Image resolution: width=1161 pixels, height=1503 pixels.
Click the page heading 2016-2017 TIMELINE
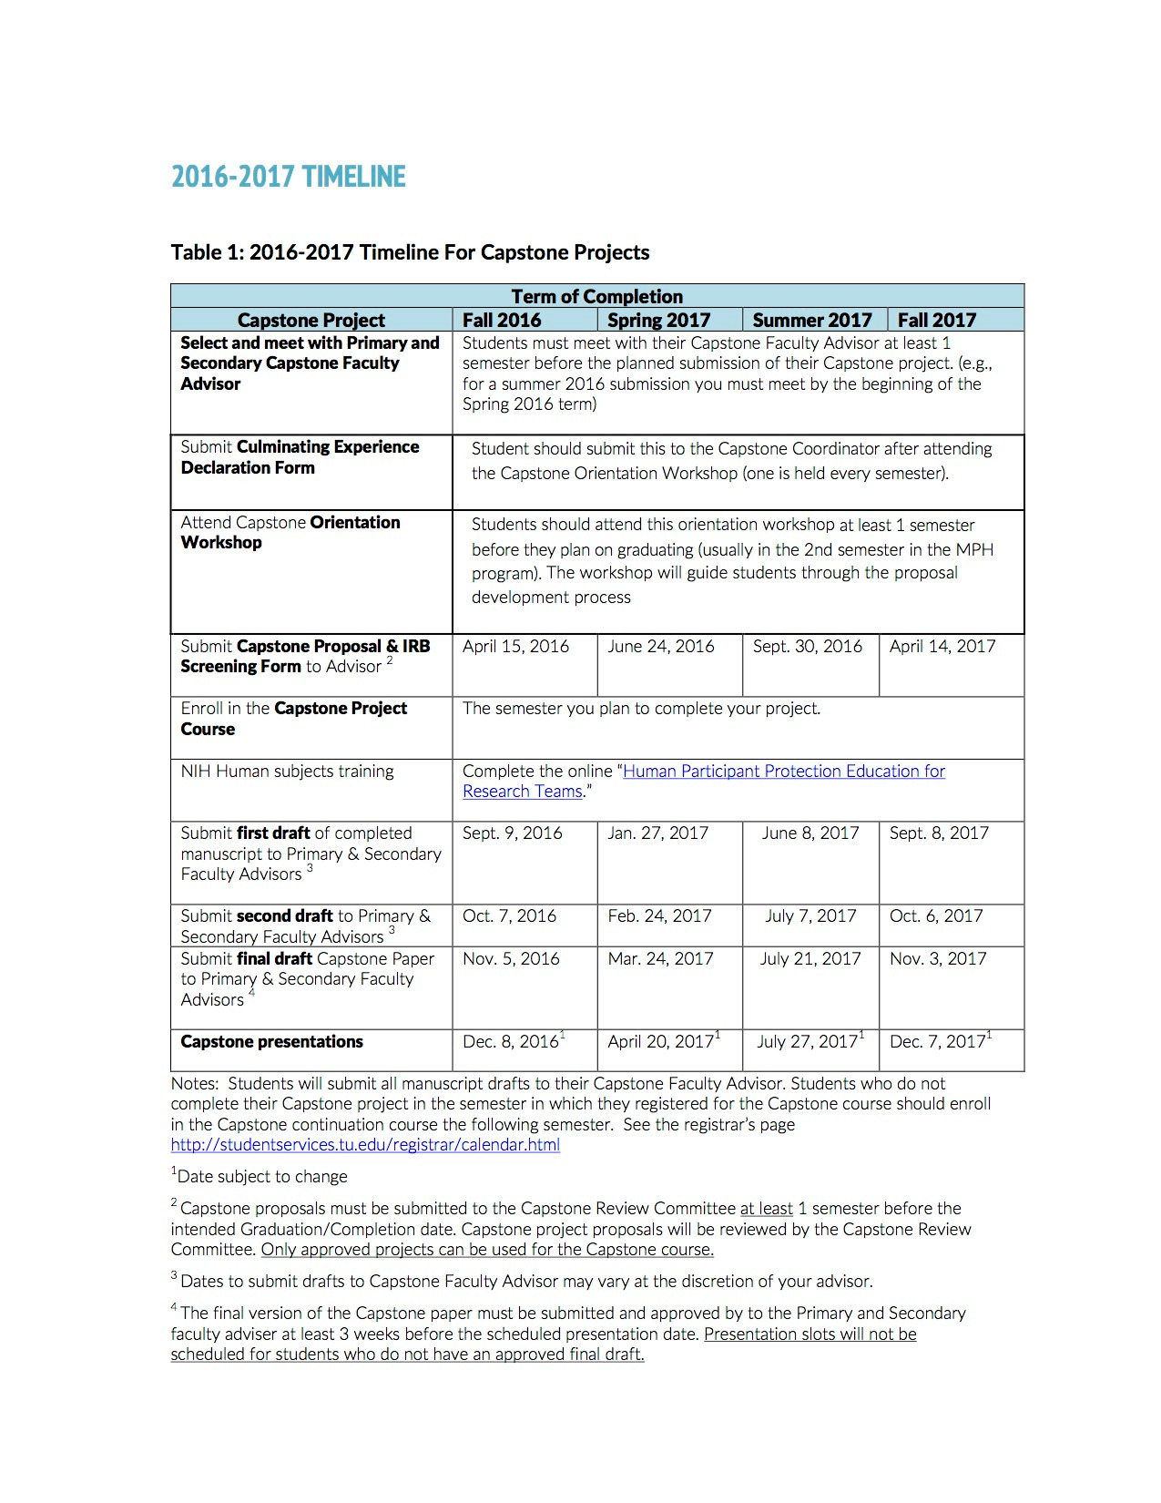click(x=288, y=177)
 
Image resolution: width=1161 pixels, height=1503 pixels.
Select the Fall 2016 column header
click(x=501, y=321)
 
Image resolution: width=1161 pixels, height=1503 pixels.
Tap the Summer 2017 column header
click(x=811, y=321)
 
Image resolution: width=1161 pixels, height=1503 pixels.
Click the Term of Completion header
click(x=596, y=296)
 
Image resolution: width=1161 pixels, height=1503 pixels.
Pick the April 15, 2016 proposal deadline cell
click(x=515, y=647)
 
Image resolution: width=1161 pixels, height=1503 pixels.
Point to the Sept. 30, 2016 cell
click(x=807, y=647)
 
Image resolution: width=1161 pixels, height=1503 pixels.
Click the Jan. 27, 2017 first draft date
click(x=657, y=833)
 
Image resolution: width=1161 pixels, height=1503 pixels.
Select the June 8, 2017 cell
click(x=810, y=833)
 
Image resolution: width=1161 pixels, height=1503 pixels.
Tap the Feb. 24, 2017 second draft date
click(x=659, y=916)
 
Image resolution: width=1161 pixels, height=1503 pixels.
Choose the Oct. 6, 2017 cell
click(x=936, y=916)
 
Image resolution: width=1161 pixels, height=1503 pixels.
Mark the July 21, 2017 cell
click(x=810, y=959)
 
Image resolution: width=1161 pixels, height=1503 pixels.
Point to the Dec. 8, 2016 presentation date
click(x=511, y=1042)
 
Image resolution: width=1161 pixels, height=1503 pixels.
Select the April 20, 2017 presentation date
click(x=661, y=1042)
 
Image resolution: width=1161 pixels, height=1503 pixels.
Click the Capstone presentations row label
click(x=271, y=1042)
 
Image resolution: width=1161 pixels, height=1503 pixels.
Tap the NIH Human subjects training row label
click(x=287, y=772)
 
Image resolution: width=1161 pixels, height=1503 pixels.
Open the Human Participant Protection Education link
click(x=783, y=772)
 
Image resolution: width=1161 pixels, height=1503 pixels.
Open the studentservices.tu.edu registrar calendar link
click(x=365, y=1145)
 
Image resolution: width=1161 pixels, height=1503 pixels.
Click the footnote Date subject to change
click(x=261, y=1177)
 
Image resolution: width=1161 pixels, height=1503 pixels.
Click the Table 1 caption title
click(x=410, y=252)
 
